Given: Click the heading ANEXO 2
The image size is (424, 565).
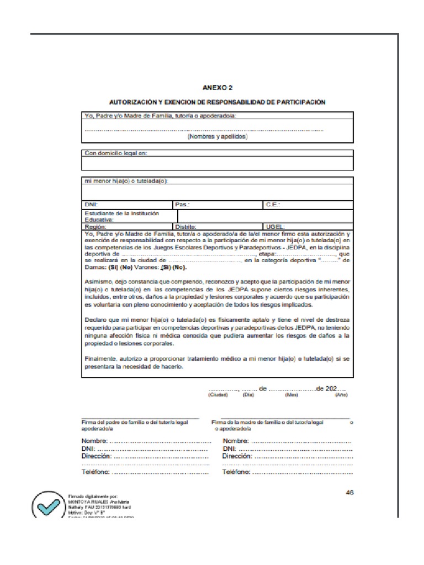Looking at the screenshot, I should [217, 87].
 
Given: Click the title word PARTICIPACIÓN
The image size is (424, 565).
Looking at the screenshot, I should [301, 102].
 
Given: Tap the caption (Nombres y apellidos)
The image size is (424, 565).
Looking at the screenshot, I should [217, 136].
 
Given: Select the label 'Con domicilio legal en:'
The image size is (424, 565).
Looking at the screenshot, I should [115, 153].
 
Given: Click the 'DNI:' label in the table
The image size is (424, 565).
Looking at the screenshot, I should [91, 204].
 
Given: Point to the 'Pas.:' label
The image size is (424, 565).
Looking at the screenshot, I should [182, 204].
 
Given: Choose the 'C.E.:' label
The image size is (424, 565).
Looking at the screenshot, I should [273, 204].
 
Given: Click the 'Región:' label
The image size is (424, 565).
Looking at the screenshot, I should [95, 226].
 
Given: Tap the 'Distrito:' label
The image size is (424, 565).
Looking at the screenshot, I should [185, 226].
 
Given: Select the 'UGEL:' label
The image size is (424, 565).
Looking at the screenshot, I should [275, 226].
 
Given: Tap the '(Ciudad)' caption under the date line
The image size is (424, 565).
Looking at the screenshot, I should [218, 395].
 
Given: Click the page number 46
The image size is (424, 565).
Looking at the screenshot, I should [349, 493].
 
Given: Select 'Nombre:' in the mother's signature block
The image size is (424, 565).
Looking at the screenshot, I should [236, 441].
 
